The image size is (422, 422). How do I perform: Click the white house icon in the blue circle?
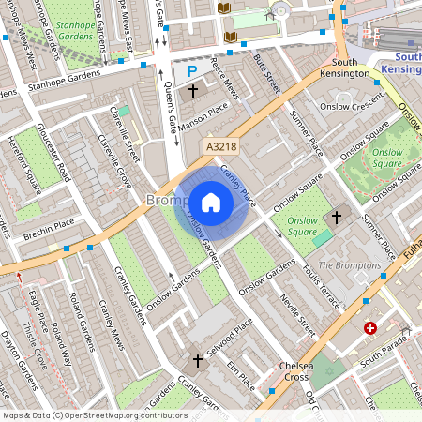click(211, 203)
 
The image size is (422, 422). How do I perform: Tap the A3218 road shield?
click(219, 146)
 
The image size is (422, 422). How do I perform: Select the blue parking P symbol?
click(193, 71)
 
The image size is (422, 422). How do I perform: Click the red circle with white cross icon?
click(370, 329)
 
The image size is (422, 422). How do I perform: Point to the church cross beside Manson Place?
click(193, 91)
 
